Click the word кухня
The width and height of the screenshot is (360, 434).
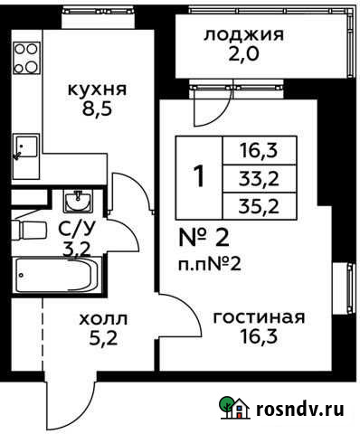97,90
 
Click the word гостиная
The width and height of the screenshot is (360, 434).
258,317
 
